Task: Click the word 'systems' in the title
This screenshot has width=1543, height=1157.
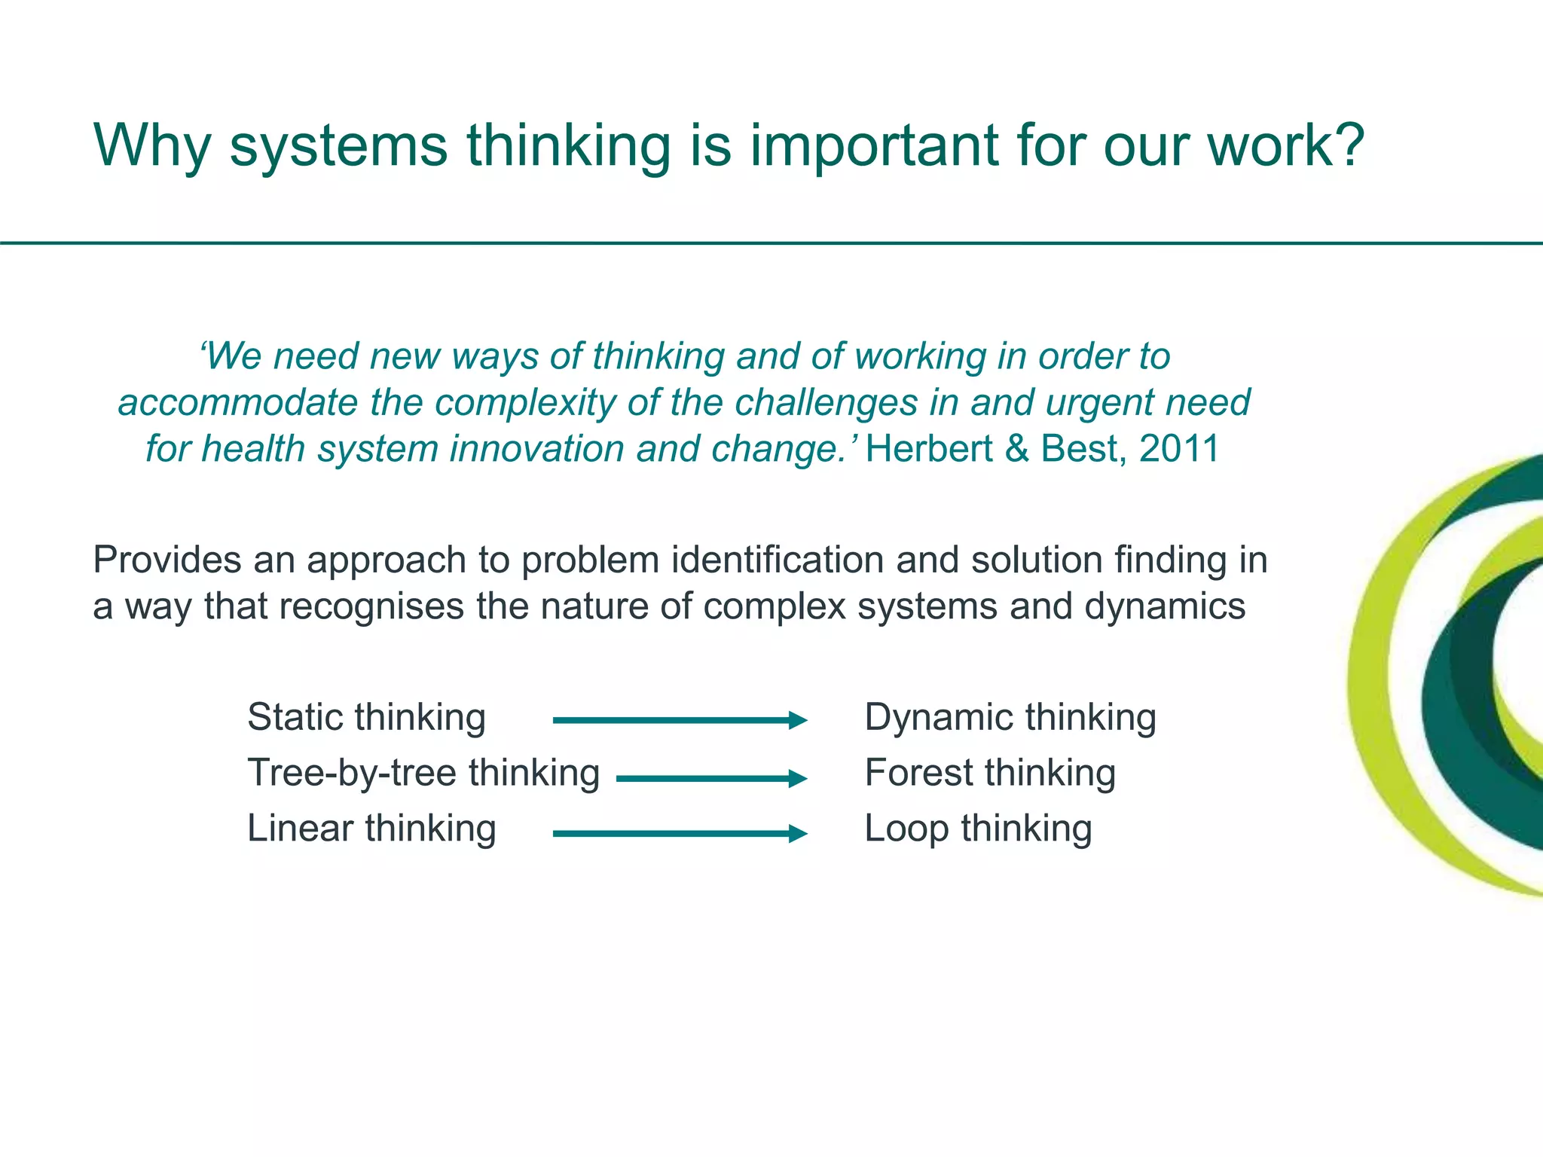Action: pyautogui.click(x=338, y=147)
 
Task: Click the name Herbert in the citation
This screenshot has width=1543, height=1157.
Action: pyautogui.click(x=928, y=448)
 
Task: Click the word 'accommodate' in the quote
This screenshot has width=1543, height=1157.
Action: pyautogui.click(x=237, y=403)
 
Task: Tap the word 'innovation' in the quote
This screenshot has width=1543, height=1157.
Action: pyautogui.click(x=537, y=449)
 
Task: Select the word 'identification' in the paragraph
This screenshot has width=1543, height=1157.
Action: pyautogui.click(x=777, y=560)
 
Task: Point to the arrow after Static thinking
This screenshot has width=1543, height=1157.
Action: pyautogui.click(x=680, y=721)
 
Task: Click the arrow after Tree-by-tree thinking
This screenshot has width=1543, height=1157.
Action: pyautogui.click(x=711, y=779)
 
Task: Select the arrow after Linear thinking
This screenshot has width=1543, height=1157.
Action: pyautogui.click(x=680, y=834)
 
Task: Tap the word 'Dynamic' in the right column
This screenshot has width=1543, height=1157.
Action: pyautogui.click(x=938, y=717)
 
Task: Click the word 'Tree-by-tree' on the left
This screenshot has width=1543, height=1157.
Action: pyautogui.click(x=351, y=773)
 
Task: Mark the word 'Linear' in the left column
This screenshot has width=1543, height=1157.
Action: pyautogui.click(x=300, y=829)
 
